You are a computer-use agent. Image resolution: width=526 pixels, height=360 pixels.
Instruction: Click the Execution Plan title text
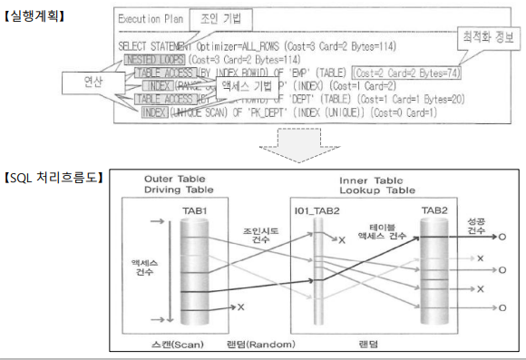149,20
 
